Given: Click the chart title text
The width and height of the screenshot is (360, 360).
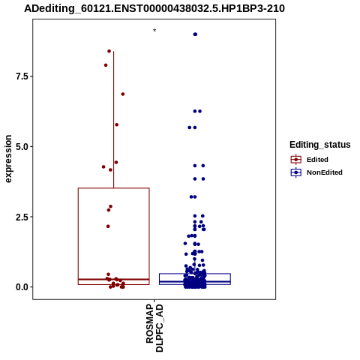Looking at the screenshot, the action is coord(154,9).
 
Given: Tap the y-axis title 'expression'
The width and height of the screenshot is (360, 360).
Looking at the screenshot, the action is coord(8,159).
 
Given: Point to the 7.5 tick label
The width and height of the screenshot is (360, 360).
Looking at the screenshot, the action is coord(22,76).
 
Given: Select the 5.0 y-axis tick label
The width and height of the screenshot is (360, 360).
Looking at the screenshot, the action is coord(22,146).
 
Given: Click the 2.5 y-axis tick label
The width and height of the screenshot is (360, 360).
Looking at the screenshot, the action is coord(22,217).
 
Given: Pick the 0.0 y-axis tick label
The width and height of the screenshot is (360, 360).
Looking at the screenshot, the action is coord(22,287).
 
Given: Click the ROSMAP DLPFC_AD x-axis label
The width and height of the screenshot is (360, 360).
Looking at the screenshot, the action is coord(154,328).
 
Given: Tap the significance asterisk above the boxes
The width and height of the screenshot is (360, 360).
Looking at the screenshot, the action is coord(154,31).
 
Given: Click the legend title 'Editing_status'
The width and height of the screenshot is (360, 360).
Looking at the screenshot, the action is coord(320,145).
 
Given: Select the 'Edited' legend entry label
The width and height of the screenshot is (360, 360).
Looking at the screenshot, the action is coord(317,160).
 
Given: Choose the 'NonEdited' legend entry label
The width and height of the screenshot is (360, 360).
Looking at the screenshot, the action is coord(325,172).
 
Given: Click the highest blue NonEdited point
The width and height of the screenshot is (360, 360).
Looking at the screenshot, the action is coord(195,34).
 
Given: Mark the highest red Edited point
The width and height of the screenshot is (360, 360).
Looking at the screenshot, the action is coord(109,51).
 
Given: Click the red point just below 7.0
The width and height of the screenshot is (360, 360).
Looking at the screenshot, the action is coord(123,94).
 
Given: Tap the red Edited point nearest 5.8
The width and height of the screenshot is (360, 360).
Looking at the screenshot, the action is coord(116,124).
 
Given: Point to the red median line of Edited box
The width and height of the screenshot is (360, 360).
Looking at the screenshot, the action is coord(114,279).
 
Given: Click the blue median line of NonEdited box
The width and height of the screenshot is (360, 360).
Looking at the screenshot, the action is coord(195,282).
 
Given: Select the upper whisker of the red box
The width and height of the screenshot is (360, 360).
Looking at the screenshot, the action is coord(114,119).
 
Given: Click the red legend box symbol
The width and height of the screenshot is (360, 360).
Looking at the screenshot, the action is coord(296,160).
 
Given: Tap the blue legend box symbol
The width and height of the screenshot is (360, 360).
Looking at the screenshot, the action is coord(296,172).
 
